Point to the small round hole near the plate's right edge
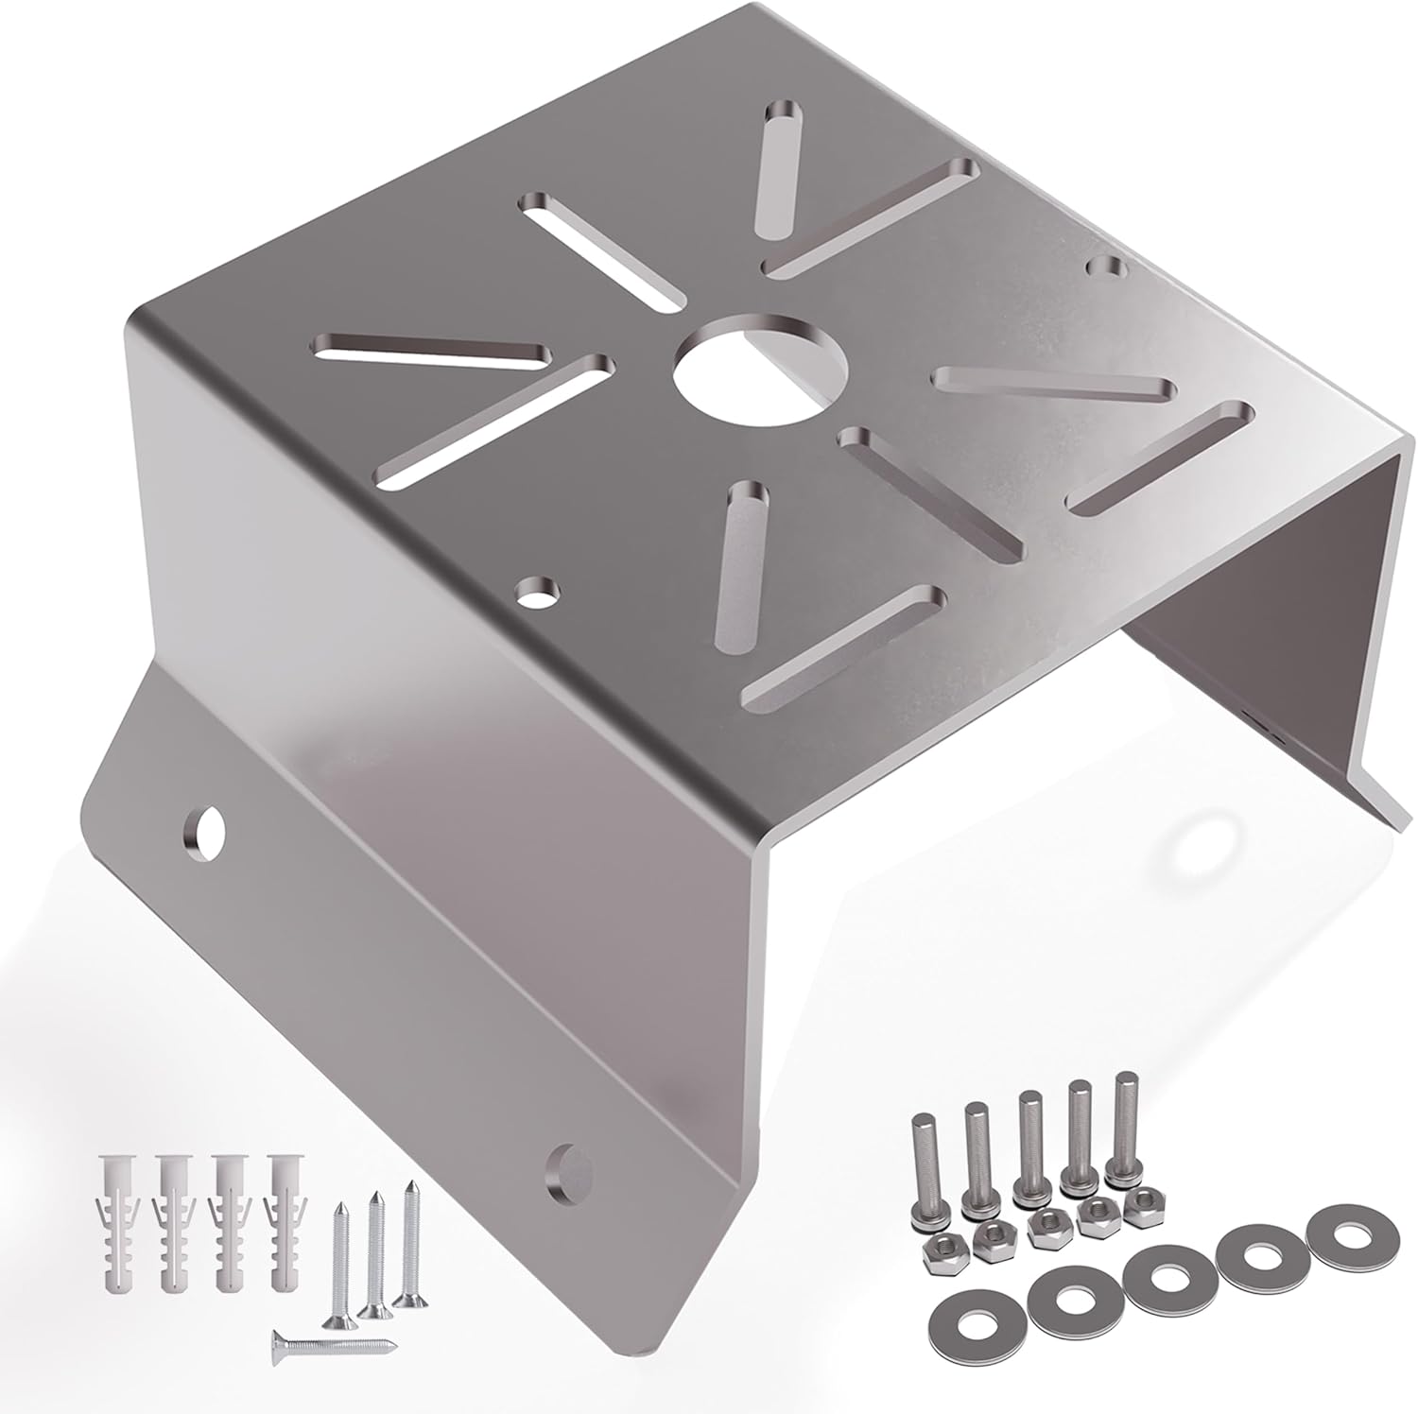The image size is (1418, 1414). tap(1103, 267)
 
